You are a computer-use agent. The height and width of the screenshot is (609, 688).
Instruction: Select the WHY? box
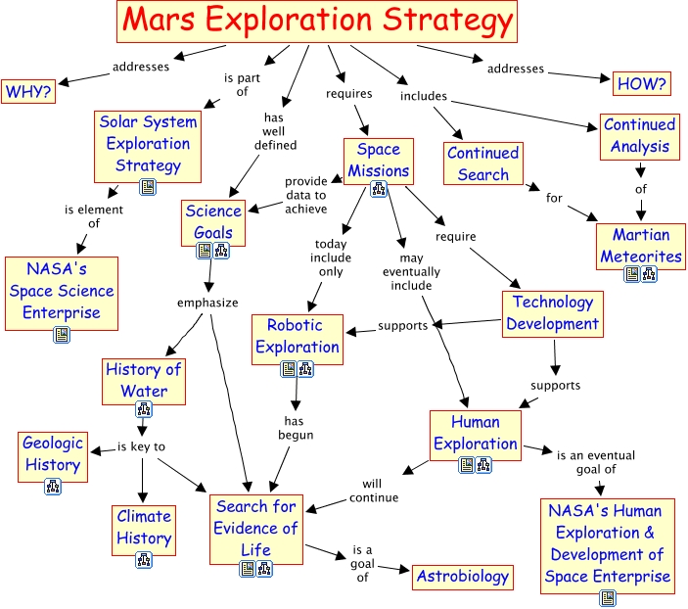pos(28,92)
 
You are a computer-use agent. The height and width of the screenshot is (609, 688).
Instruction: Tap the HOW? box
pos(642,84)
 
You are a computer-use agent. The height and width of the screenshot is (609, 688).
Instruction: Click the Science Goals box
pos(213,221)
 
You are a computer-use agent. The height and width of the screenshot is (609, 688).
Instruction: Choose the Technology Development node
pos(552,313)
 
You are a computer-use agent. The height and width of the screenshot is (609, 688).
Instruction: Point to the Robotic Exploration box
pos(297,336)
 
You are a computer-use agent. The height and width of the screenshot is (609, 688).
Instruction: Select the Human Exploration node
pos(475,433)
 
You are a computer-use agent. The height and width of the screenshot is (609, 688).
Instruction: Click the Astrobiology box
pos(463,577)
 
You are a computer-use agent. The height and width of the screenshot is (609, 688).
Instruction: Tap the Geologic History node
pos(52,453)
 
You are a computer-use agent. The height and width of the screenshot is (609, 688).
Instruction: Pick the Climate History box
pos(144,527)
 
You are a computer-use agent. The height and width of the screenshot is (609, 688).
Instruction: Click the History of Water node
pos(144,380)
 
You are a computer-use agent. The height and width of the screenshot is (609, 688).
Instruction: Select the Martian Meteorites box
pos(640,246)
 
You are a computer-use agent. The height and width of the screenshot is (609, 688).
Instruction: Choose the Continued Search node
pos(482,164)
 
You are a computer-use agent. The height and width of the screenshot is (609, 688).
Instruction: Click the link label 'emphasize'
pos(207,303)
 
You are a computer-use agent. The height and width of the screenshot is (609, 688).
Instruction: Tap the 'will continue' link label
pos(380,490)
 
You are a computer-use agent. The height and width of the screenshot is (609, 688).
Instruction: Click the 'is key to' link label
pos(142,446)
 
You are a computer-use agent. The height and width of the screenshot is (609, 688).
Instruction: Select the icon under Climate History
pos(144,560)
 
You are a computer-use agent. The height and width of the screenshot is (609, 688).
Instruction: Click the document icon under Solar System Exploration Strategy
pos(147,186)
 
